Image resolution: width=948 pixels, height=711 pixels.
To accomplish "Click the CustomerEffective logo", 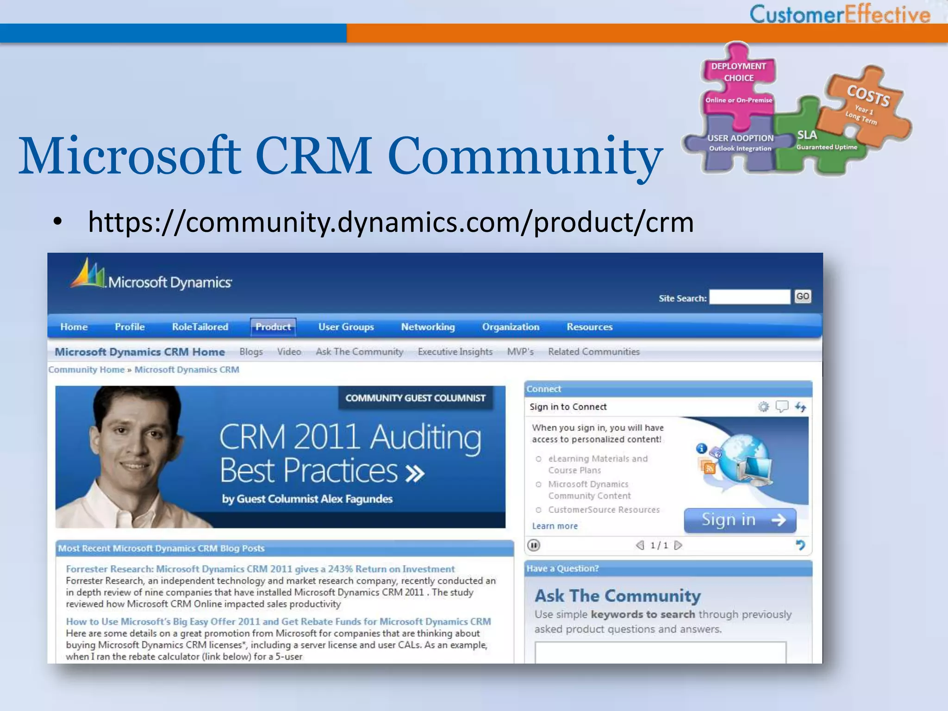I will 839,14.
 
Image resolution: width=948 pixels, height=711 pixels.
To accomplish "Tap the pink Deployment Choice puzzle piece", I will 738,83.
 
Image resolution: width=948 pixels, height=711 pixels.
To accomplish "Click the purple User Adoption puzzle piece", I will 740,143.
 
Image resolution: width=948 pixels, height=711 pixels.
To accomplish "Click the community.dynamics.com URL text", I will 391,222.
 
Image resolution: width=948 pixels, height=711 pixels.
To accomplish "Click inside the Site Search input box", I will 749,297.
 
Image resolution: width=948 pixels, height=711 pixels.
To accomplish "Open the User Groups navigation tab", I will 346,327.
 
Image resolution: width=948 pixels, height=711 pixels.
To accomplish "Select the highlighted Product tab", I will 273,327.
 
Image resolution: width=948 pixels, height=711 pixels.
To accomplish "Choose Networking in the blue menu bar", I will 428,327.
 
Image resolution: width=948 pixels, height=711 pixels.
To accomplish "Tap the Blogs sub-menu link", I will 251,352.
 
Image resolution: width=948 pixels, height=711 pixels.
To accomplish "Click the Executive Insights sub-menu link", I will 455,352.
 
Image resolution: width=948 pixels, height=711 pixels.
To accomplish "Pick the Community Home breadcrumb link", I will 87,369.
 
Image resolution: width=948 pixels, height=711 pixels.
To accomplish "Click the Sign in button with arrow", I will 740,520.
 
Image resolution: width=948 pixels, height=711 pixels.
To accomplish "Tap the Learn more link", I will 555,526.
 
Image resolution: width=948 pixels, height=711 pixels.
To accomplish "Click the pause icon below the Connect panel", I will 534,545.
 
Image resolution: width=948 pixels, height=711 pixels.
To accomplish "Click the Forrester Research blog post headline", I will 260,569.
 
